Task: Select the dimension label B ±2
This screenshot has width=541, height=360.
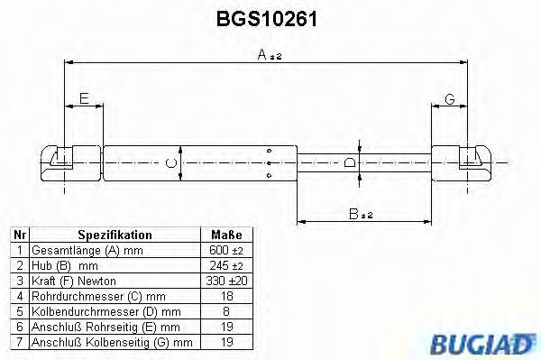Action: [x=362, y=214]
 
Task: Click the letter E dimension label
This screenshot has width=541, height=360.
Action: [x=84, y=99]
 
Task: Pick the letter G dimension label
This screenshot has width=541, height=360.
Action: [x=448, y=99]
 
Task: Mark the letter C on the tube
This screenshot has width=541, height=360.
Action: [x=170, y=163]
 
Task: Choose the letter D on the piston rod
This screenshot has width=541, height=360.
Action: [x=351, y=163]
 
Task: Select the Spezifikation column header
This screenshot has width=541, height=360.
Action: [x=115, y=235]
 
